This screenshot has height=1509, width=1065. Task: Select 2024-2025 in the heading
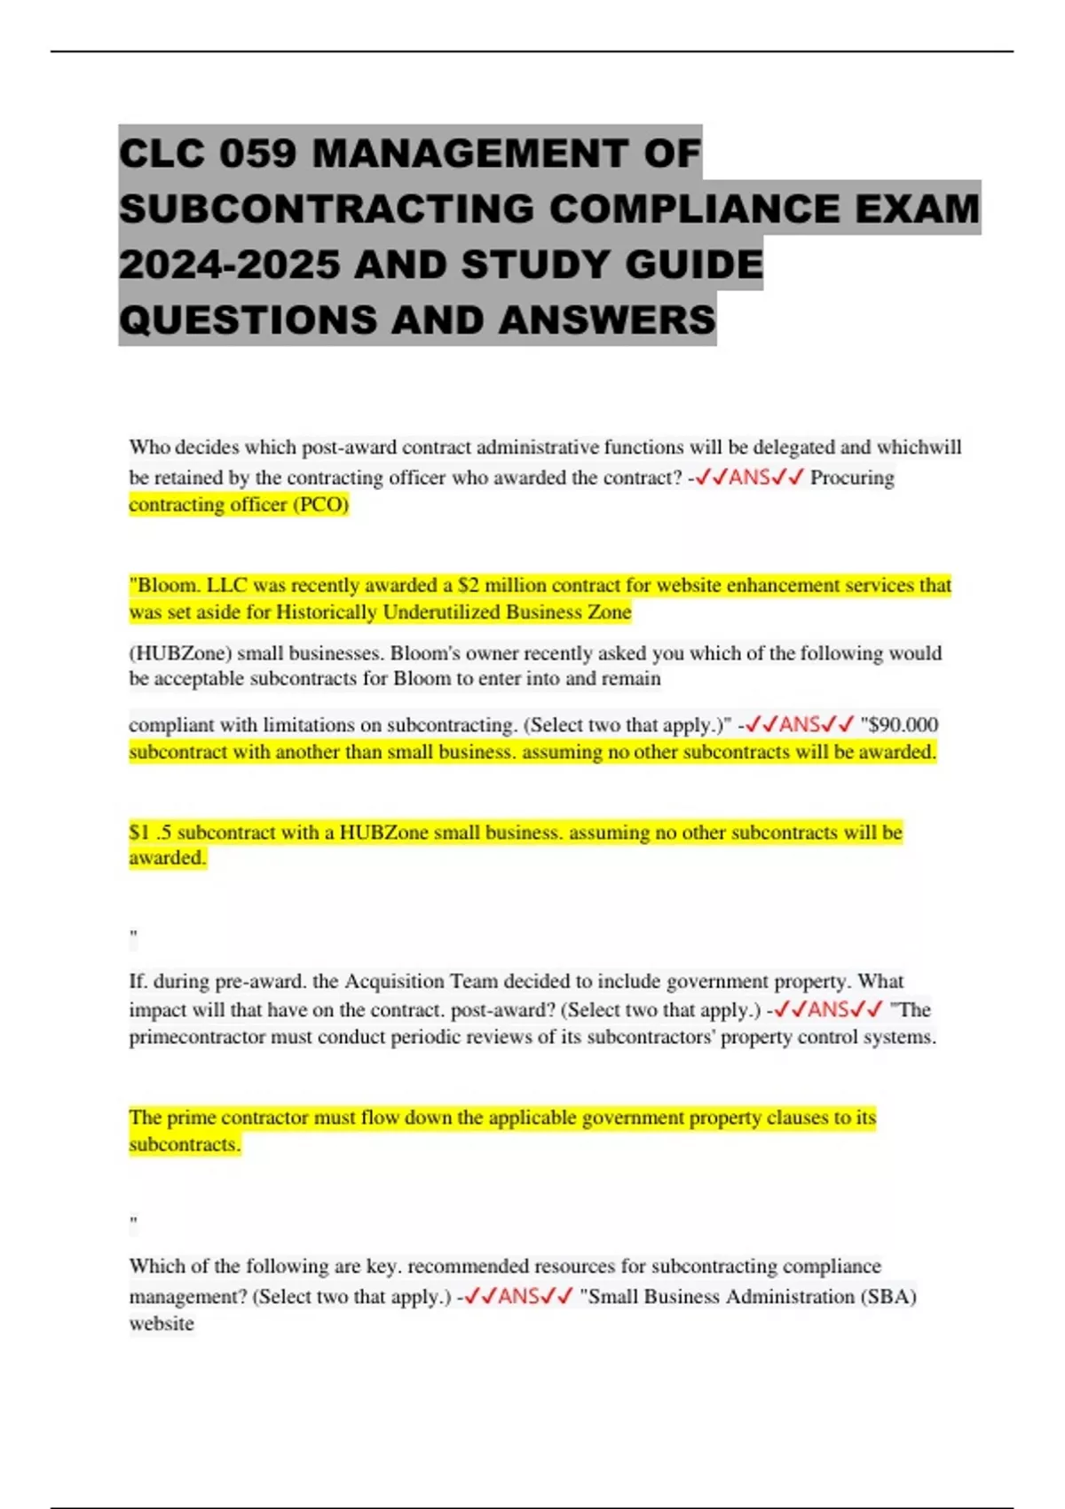[x=229, y=265]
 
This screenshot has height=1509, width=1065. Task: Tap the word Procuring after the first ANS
[x=852, y=478]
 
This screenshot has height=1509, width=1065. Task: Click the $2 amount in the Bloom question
[x=468, y=586]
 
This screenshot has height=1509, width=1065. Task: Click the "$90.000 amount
[x=899, y=725]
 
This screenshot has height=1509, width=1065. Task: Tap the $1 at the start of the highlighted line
[x=139, y=833]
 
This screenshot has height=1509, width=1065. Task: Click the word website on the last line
[x=162, y=1323]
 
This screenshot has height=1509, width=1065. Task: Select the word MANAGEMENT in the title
[x=469, y=154]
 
